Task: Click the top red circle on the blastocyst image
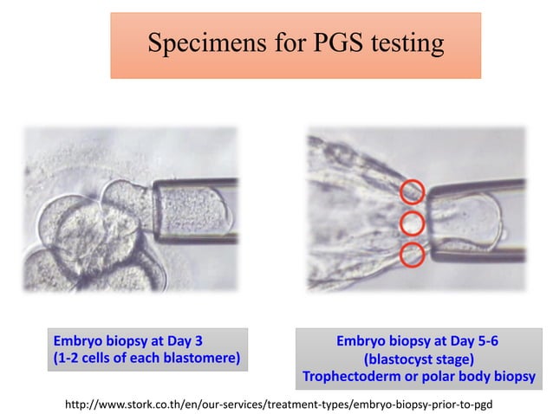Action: (412, 191)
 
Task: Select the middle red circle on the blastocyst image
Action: (412, 223)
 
